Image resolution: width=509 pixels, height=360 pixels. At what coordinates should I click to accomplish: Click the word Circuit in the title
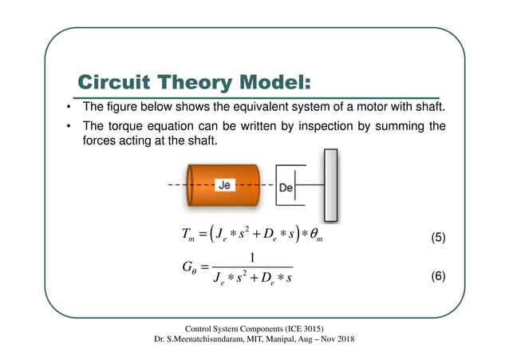click(111, 82)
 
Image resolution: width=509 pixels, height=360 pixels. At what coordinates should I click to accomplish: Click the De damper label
click(286, 188)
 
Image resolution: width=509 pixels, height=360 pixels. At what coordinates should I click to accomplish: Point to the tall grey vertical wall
click(330, 185)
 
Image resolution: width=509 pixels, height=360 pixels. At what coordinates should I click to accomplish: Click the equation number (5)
click(437, 237)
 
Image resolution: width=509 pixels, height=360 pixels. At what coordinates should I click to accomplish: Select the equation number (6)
click(437, 276)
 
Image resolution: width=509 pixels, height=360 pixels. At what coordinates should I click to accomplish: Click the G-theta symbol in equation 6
click(188, 267)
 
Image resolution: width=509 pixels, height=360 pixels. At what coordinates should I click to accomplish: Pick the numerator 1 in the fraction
click(252, 257)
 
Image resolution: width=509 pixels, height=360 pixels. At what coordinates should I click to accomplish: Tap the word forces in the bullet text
click(102, 141)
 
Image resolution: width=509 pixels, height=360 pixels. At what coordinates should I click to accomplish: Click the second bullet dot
click(69, 128)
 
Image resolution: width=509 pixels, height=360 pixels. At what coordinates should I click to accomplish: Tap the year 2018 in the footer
click(344, 340)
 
